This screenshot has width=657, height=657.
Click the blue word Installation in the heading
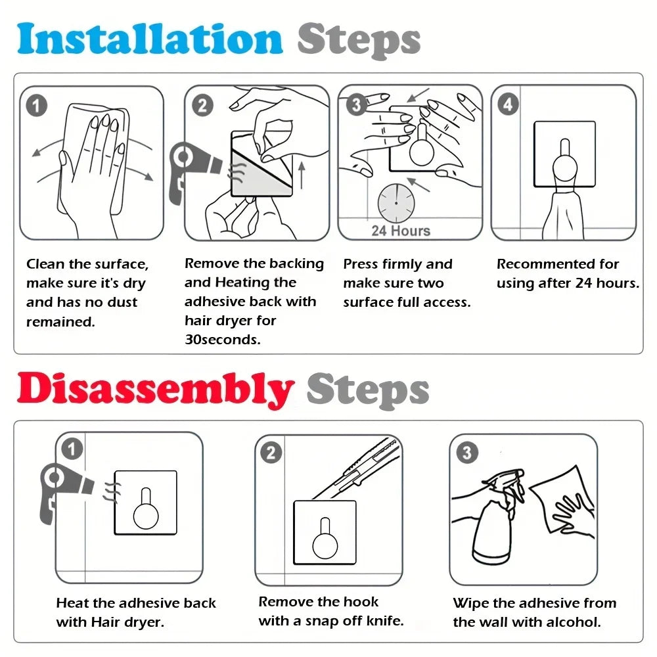150,39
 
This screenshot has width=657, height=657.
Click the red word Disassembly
155,389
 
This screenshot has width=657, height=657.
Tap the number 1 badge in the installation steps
36,106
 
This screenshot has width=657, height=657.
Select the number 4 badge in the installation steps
509,104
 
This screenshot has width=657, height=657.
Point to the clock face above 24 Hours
396,203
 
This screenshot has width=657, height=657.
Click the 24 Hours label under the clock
401,231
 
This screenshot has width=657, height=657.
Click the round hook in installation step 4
565,164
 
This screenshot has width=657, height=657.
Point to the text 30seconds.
223,340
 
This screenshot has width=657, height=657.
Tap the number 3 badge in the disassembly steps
467,453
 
